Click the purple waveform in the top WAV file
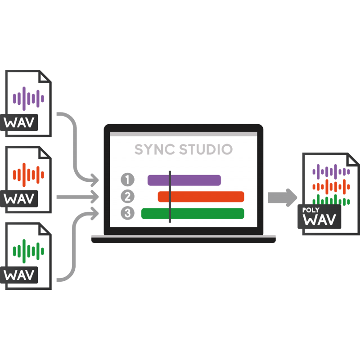point(28,99)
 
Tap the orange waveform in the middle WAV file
point(28,175)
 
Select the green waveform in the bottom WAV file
point(28,251)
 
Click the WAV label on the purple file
point(19,122)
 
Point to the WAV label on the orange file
point(19,198)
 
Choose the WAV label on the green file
point(19,275)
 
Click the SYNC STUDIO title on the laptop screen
point(184,149)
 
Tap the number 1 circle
point(128,179)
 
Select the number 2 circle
point(128,196)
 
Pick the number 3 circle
point(128,213)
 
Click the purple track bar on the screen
point(184,180)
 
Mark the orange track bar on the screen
point(201,197)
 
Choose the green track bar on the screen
point(193,213)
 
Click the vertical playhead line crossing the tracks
point(170,197)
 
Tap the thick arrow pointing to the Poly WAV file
point(283,198)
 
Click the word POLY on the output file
point(310,210)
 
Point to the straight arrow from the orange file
point(77,197)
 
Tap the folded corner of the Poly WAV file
point(352,160)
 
